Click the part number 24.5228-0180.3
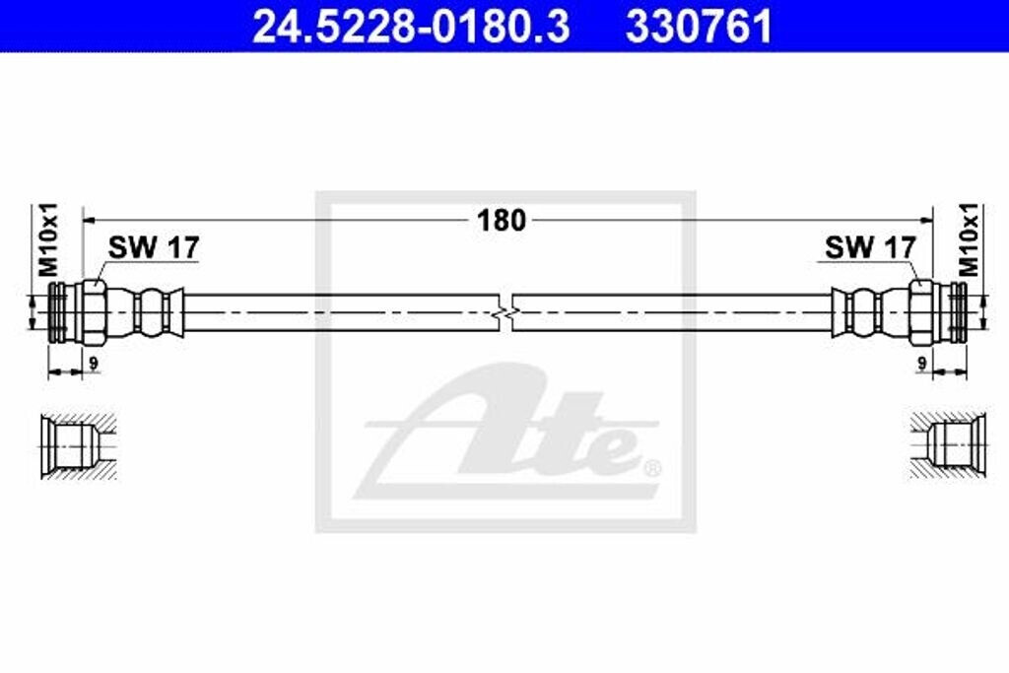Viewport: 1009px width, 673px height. pos(411,27)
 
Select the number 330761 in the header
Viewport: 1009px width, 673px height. pos(699,27)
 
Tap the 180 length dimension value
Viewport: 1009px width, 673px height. pos(503,221)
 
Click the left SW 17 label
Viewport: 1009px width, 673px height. pos(153,247)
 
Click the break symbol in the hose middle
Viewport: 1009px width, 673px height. pos(504,312)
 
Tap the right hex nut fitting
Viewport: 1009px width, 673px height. pos(921,311)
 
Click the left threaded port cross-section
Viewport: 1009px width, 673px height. pos(74,445)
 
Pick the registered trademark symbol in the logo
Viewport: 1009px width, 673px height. pos(651,466)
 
